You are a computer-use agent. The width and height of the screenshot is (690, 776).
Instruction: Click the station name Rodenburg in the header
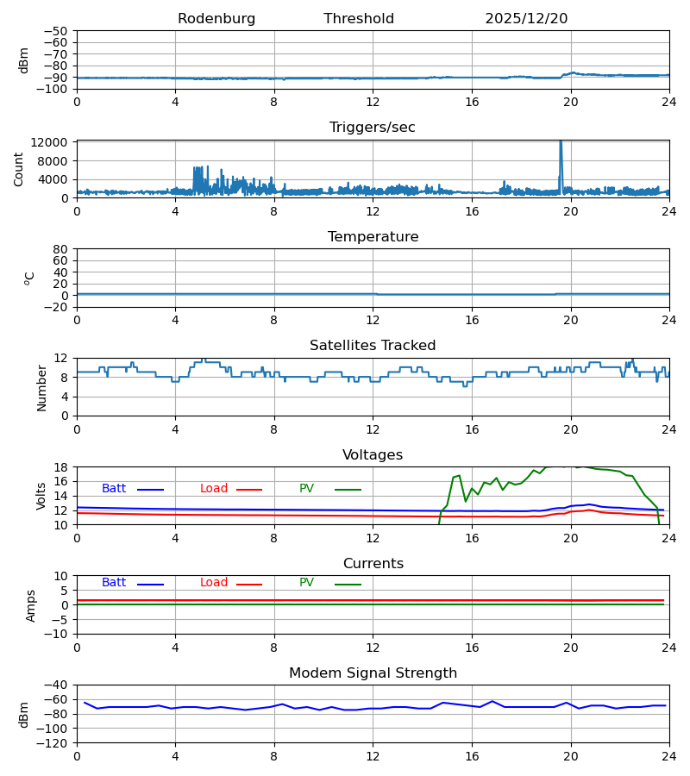pos(216,19)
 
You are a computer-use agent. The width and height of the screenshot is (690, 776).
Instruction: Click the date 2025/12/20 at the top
pos(526,19)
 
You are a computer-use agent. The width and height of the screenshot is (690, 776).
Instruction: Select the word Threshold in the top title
pos(359,19)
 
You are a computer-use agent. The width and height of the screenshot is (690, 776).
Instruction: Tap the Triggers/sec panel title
pos(373,128)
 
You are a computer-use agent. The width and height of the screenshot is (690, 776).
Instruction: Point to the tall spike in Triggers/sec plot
pos(561,151)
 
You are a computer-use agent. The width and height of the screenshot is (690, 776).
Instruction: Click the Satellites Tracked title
pos(373,346)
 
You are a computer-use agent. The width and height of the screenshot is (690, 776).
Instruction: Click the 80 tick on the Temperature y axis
pos(60,249)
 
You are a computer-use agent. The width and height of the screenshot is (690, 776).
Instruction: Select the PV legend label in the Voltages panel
pos(306,489)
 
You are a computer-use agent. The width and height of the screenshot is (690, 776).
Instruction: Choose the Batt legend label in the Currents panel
pos(114,583)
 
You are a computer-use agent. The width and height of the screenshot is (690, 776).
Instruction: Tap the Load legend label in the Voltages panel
pos(214,489)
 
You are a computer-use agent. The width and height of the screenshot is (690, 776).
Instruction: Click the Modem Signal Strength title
pos(373,673)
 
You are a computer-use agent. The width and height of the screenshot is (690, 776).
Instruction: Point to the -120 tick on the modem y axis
pos(53,742)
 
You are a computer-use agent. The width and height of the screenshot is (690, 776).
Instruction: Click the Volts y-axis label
pos(42,496)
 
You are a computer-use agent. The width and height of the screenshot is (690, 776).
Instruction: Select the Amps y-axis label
pos(32,605)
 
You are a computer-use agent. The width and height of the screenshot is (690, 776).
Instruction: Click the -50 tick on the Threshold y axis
pos(55,31)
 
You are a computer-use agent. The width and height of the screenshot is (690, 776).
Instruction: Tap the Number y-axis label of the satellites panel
pos(42,387)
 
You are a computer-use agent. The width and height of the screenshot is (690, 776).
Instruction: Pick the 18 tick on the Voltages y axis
pos(60,467)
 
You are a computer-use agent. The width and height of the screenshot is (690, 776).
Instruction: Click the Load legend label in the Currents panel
pos(214,583)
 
